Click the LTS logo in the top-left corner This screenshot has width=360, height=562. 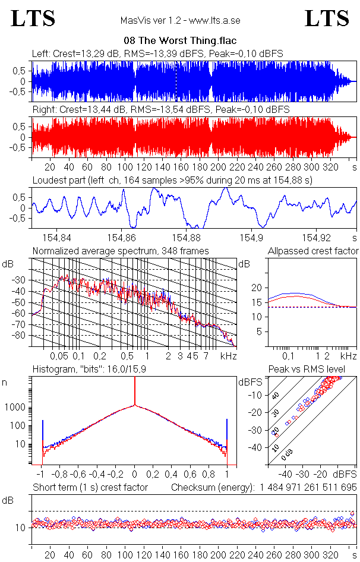tap(33, 18)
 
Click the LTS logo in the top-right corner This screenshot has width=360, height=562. tap(327, 18)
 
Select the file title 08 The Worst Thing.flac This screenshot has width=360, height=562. tap(180, 41)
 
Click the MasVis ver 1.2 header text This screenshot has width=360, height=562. tap(180, 21)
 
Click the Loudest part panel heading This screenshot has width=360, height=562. tap(172, 179)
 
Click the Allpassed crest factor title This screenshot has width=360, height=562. tap(313, 251)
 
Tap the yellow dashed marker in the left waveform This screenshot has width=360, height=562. tap(176, 81)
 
